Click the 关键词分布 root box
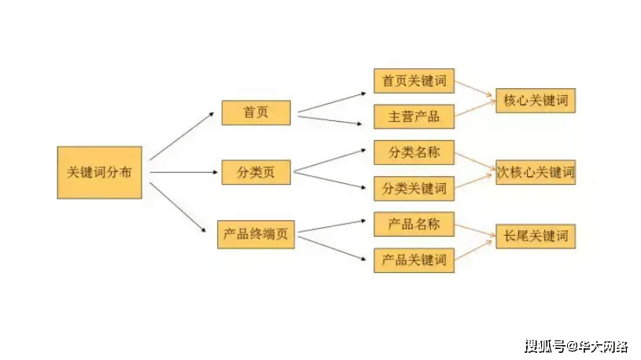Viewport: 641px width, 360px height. pos(100,171)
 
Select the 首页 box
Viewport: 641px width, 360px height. pos(256,112)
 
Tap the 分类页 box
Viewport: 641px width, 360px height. pos(256,171)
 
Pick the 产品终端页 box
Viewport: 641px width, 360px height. pos(256,234)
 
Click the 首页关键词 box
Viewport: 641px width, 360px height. pos(414,81)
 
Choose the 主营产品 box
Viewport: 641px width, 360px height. pos(414,117)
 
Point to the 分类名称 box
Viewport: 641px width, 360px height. pos(414,152)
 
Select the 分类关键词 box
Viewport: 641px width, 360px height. pos(414,189)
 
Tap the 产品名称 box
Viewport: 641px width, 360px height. pos(414,224)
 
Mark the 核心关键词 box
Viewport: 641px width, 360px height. pos(535,101)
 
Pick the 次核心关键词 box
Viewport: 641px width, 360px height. pos(535,171)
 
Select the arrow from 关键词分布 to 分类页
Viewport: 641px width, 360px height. pos(181,171)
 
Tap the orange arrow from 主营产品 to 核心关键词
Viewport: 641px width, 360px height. pos(474,108)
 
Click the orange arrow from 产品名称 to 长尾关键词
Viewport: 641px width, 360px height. pos(474,230)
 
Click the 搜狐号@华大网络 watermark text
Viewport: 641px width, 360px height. pos(576,346)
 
